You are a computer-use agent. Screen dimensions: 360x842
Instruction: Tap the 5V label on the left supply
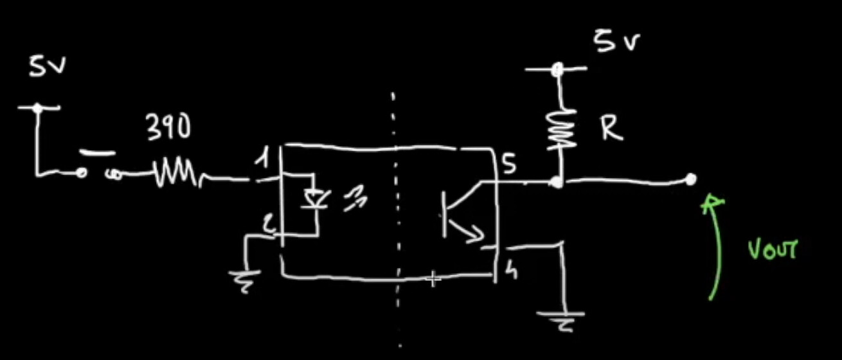coord(47,67)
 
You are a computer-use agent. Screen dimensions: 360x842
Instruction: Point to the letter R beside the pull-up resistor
coord(611,129)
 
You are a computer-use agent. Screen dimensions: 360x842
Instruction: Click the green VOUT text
coord(772,249)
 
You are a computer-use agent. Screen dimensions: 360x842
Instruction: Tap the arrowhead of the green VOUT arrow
coord(712,203)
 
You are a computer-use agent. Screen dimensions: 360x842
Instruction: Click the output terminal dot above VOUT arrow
coord(691,179)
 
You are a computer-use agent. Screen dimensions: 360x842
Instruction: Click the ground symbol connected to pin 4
coord(563,319)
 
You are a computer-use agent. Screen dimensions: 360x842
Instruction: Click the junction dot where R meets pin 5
coord(557,183)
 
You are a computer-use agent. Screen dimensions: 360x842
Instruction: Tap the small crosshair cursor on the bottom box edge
coord(434,278)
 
